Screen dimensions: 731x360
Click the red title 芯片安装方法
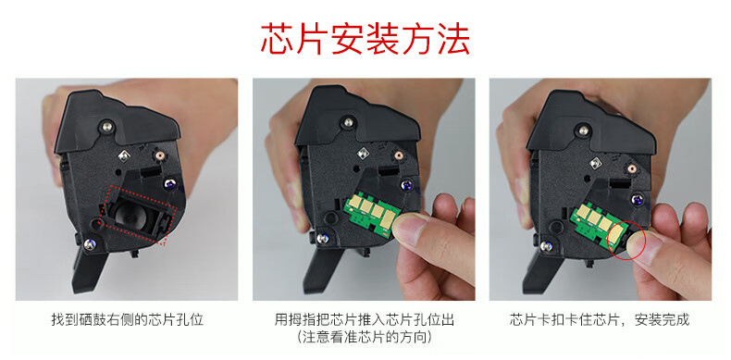click(365, 39)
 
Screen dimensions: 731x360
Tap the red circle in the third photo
click(627, 241)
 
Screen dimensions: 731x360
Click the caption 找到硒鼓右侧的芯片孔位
click(128, 320)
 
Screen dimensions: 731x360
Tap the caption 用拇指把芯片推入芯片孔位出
click(364, 320)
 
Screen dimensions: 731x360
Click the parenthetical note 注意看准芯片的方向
click(364, 337)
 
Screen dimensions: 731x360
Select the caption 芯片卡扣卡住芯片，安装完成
click(600, 320)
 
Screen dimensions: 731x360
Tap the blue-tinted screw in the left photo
click(169, 185)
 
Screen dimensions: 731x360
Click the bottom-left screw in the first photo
click(90, 243)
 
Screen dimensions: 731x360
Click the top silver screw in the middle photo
click(347, 122)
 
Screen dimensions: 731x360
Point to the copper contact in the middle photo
click(399, 155)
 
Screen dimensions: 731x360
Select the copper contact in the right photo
click(632, 168)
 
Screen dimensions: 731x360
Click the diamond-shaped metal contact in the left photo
click(124, 155)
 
